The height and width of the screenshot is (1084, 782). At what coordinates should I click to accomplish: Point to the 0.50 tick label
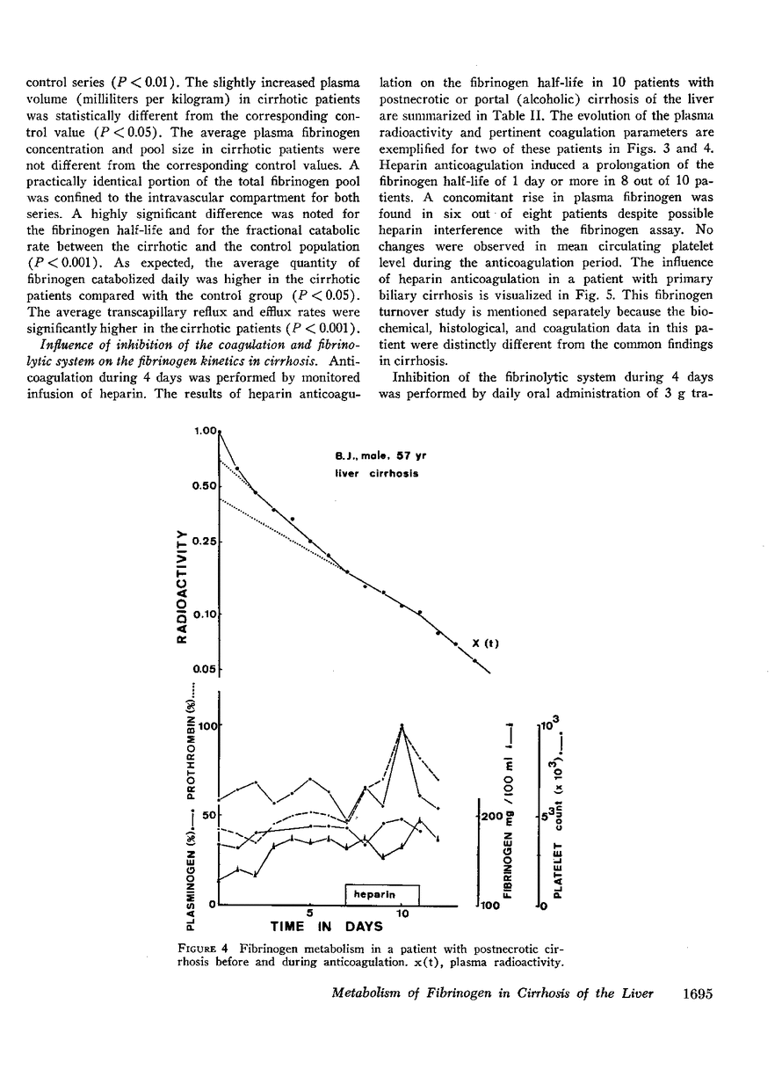(204, 486)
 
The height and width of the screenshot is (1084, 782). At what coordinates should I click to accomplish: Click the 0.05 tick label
(204, 670)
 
